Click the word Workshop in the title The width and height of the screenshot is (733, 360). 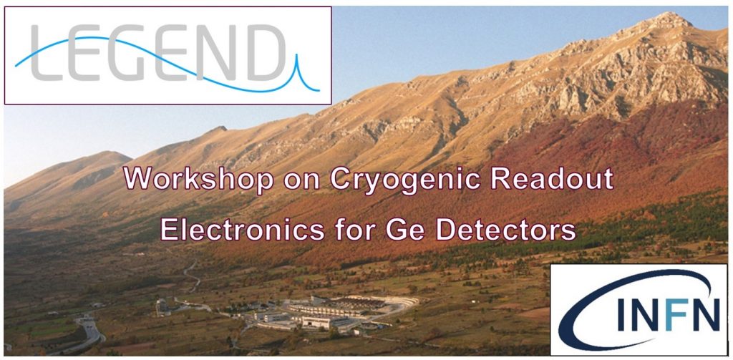click(199, 178)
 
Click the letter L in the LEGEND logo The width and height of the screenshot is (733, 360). click(47, 52)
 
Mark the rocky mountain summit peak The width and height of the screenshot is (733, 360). click(671, 18)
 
